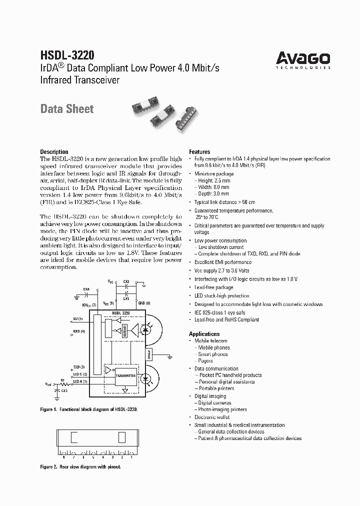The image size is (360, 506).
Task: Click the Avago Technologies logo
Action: pyautogui.click(x=303, y=59)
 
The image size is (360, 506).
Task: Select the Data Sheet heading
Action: pyautogui.click(x=66, y=108)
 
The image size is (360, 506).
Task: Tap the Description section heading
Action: pyautogui.click(x=54, y=152)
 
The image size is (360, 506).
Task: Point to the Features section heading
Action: pyautogui.click(x=199, y=152)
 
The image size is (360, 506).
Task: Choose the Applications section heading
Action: pyautogui.click(x=204, y=334)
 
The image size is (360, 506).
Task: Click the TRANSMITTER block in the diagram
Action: pyautogui.click(x=125, y=375)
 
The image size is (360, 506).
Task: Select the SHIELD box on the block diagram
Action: pyautogui.click(x=148, y=354)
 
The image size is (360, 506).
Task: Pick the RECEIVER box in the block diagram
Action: pyautogui.click(x=124, y=330)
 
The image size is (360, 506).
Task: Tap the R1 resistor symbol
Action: pyautogui.click(x=63, y=383)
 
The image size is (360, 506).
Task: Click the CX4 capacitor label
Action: pyautogui.click(x=86, y=289)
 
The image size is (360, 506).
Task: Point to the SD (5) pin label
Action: pyautogui.click(x=78, y=318)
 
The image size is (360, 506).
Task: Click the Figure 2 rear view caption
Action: pyautogui.click(x=80, y=466)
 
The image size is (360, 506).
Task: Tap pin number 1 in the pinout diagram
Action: pyautogui.click(x=131, y=456)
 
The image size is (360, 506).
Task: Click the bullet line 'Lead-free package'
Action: pyautogui.click(x=213, y=287)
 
